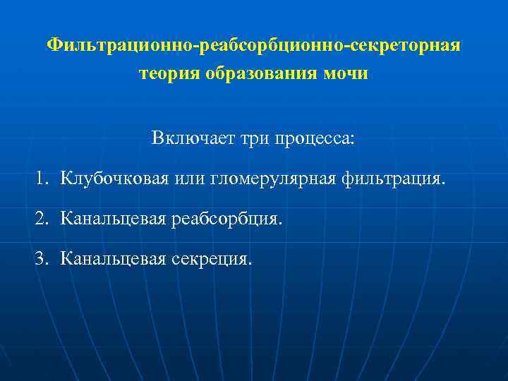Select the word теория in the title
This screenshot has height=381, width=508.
pos(170,73)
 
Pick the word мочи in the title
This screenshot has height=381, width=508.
pos(347,73)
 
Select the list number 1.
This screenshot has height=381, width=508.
pos(40,178)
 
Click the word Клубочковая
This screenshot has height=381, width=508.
pos(114,178)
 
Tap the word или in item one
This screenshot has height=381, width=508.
pos(189,178)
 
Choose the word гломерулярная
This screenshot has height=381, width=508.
pos(273,178)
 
